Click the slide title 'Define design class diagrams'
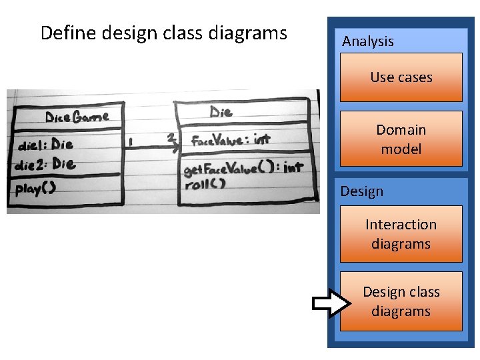(163, 33)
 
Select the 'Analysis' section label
(368, 41)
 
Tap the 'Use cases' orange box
(401, 77)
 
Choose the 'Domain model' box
(401, 139)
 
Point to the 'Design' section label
(362, 191)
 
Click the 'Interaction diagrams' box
(401, 234)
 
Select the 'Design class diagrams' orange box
(401, 301)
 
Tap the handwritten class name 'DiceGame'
(77, 117)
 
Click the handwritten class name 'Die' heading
(221, 112)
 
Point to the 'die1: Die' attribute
(45, 145)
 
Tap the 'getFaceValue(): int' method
(243, 169)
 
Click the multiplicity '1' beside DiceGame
(131, 142)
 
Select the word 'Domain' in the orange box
(401, 129)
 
